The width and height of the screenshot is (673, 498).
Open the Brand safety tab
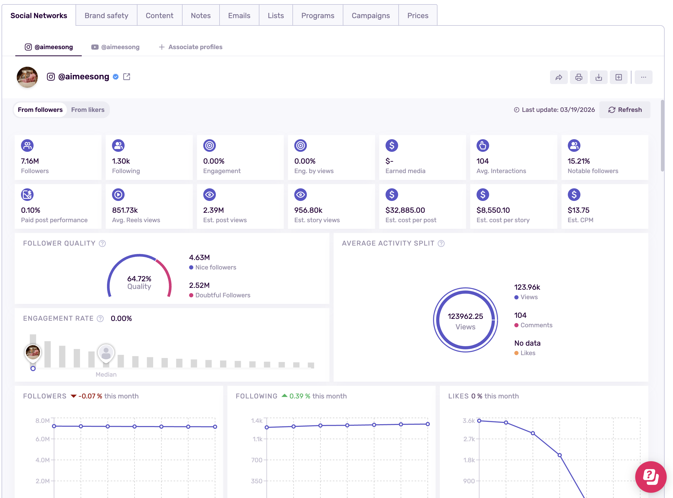[106, 15]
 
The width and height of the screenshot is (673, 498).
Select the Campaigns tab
[371, 15]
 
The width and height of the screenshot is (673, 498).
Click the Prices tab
[418, 15]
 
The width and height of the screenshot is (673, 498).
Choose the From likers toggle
[88, 110]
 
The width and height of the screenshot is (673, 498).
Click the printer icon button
[579, 77]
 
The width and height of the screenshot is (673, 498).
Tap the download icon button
[599, 77]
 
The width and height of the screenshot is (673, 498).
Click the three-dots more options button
[643, 77]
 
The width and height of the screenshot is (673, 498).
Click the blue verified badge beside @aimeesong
[116, 77]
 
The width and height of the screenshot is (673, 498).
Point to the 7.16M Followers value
[30, 161]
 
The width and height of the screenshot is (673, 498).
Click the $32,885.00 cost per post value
[405, 210]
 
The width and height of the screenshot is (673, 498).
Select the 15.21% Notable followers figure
[579, 161]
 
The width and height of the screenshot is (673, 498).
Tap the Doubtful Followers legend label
[222, 295]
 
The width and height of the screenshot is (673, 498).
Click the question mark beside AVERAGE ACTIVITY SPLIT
[441, 243]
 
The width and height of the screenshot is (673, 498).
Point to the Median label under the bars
[106, 374]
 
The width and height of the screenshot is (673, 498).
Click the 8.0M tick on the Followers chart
[42, 421]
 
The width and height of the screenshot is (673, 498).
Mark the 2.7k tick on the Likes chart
[469, 439]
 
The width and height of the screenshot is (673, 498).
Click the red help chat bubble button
[650, 477]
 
